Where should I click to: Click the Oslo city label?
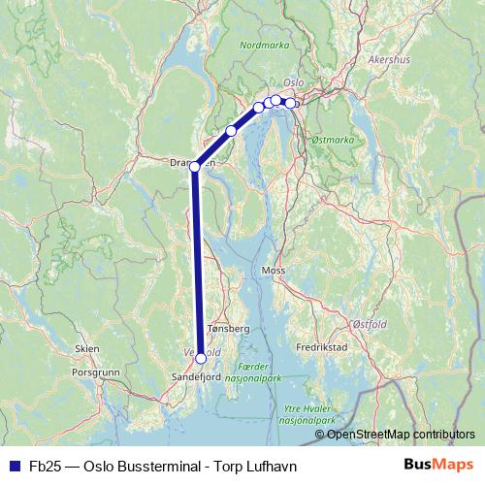coord(294,83)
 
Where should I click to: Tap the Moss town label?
coord(273,271)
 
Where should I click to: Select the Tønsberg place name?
coord(229,329)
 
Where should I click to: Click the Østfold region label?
coord(370,327)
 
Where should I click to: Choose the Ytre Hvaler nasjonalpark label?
coord(307,415)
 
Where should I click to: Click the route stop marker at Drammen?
coord(195,167)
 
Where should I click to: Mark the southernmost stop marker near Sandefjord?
coord(201,358)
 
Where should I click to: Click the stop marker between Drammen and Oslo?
coord(231,131)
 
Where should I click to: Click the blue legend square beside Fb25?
coord(15,466)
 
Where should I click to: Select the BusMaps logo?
coord(437,466)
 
